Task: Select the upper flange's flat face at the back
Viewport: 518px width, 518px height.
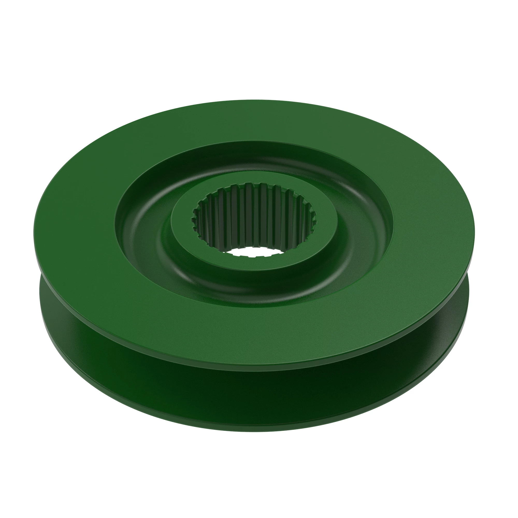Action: tap(255, 121)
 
